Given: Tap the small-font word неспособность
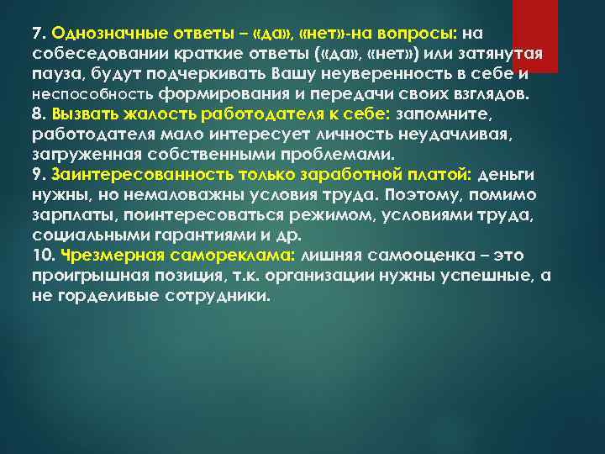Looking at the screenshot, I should [x=92, y=95].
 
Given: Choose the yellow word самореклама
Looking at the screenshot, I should [x=236, y=256].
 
